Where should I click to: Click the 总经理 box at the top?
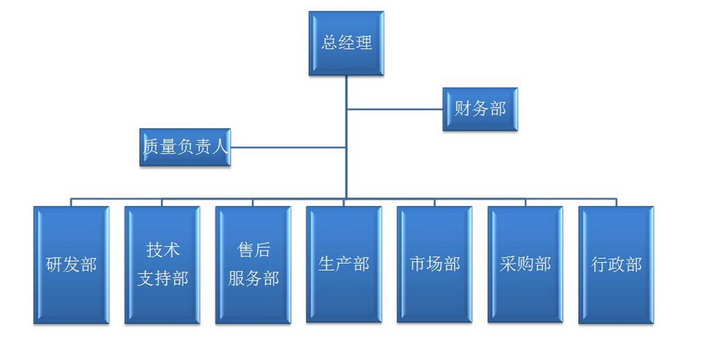347,43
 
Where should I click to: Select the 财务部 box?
481,109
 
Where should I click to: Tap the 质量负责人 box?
185,148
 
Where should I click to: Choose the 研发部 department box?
71,265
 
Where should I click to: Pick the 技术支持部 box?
162,265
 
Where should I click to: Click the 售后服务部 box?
254,265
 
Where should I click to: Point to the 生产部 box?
344,265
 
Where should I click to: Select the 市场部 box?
435,265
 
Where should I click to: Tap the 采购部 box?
525,265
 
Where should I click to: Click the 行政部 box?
616,265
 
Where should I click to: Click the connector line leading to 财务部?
395,110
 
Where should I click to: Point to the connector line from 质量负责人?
288,148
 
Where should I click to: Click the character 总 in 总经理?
329,43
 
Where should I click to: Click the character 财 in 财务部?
463,109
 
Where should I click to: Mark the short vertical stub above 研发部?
71,203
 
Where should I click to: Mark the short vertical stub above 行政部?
616,203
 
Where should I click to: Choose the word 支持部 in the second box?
163,279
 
